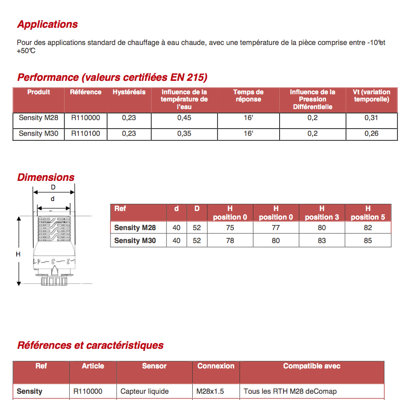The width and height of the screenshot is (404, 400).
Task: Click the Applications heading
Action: [47, 24]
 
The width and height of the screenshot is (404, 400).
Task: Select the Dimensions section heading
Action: [46, 178]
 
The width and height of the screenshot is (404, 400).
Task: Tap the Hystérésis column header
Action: [129, 92]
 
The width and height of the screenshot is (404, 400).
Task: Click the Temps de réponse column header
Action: [248, 96]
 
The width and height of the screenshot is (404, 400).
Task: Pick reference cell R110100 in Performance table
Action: [86, 133]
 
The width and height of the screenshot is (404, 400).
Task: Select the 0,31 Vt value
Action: [371, 118]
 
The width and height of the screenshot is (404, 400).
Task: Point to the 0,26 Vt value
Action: [371, 133]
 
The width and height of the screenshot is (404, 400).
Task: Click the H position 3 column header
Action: [322, 213]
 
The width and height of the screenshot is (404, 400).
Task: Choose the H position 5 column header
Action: [368, 213]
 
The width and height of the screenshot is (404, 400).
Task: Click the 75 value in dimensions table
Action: [230, 228]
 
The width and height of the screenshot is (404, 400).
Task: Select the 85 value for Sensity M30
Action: [368, 241]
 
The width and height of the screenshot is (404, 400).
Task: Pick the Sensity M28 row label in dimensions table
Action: [135, 228]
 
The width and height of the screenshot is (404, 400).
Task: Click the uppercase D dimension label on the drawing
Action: [53, 188]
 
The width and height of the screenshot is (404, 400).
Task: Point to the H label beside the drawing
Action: [18, 255]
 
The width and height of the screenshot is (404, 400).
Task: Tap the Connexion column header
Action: [216, 366]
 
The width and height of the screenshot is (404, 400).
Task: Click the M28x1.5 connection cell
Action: [210, 391]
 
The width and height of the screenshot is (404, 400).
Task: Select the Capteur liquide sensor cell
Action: [144, 391]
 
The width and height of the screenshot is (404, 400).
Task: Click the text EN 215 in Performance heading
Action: [187, 78]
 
